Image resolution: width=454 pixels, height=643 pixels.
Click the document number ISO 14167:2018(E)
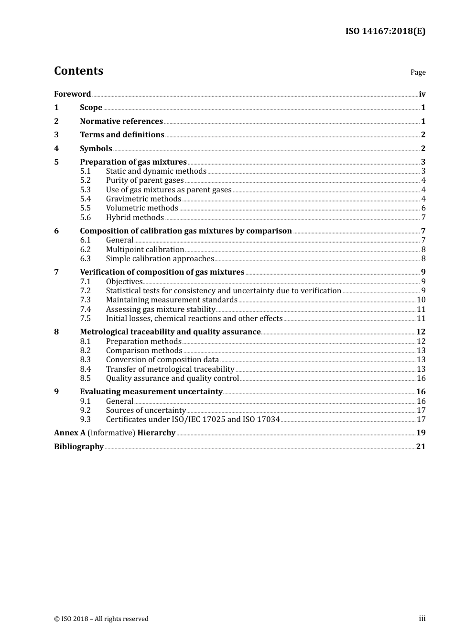click(x=385, y=32)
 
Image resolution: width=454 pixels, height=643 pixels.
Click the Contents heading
click(x=78, y=71)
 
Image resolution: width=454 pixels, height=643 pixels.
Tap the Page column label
click(x=418, y=72)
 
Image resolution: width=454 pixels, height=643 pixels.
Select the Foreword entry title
click(x=72, y=94)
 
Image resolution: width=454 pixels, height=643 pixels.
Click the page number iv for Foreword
click(x=422, y=94)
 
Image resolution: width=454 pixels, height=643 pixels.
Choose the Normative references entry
click(x=121, y=122)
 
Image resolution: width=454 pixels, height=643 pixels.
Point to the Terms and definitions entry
click(x=122, y=135)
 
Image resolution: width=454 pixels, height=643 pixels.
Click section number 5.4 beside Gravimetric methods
click(x=85, y=199)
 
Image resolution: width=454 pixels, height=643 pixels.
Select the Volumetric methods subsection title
click(x=142, y=208)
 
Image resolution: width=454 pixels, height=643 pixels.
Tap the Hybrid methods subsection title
click(x=135, y=218)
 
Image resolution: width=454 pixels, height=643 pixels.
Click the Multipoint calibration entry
click(x=145, y=250)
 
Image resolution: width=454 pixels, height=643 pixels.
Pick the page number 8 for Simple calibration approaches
click(x=423, y=259)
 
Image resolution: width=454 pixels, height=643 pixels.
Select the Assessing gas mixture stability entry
click(x=161, y=310)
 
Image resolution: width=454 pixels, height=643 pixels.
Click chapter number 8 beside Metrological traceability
click(x=56, y=332)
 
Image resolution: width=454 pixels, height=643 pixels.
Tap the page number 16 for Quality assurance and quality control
click(x=421, y=378)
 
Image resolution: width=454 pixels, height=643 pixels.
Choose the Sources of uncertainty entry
click(x=146, y=410)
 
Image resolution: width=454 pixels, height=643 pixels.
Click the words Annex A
click(x=70, y=433)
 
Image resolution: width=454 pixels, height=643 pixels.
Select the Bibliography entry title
click(x=79, y=447)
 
